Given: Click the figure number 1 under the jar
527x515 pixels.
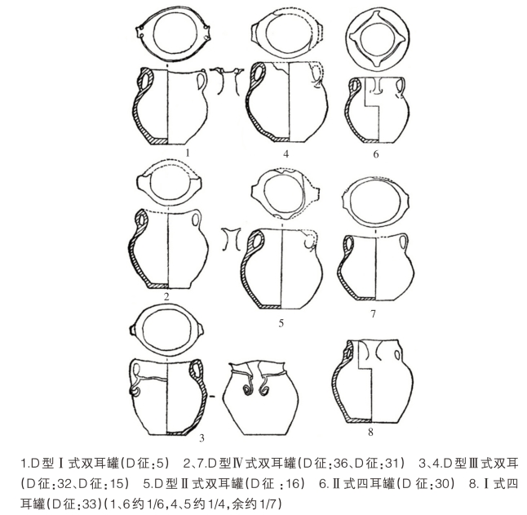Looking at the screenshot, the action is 188,153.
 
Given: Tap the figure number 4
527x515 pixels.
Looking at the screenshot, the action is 286,154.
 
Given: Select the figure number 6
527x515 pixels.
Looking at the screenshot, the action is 376,154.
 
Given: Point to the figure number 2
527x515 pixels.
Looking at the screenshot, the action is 166,297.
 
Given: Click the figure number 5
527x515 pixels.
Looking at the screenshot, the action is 281,323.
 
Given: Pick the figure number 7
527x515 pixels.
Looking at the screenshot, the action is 373,313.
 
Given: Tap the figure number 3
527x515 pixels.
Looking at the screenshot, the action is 201,438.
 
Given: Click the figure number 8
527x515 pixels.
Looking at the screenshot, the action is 370,432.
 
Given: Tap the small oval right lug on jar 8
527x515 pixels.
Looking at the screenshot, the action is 397,355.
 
